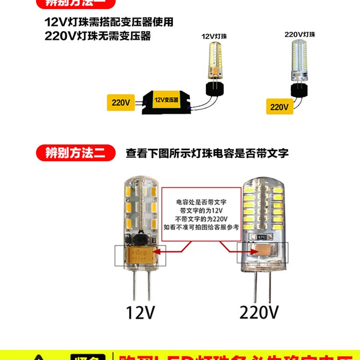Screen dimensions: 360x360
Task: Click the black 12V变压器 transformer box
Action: click(165, 102)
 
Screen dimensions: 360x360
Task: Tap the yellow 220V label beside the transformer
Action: click(121, 103)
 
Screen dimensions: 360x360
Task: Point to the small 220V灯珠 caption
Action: click(300, 34)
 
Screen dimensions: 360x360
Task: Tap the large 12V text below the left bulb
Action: click(140, 311)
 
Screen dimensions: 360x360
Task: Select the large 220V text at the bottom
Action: click(259, 311)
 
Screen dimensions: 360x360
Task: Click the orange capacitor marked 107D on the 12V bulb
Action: click(141, 256)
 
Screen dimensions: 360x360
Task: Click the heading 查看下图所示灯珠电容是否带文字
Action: click(207, 153)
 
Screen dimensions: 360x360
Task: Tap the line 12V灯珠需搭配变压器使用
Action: click(109, 22)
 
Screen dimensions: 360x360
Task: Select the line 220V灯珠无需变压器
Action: click(98, 36)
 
